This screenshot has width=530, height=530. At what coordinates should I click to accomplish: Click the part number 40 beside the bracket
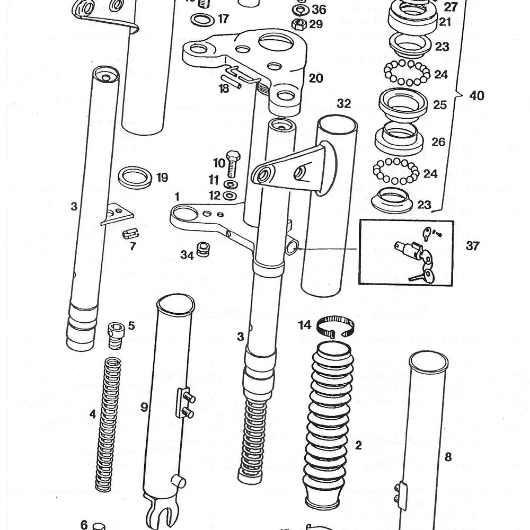(476, 96)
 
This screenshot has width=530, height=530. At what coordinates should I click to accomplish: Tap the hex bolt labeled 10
(232, 165)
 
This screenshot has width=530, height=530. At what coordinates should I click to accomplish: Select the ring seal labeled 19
(135, 177)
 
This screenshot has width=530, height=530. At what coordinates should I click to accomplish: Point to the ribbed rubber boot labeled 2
(328, 424)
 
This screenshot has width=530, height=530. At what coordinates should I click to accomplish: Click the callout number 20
(316, 78)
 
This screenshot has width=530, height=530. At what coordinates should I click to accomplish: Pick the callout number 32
(344, 104)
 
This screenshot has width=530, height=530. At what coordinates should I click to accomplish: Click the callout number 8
(448, 456)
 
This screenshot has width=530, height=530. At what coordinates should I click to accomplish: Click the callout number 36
(319, 10)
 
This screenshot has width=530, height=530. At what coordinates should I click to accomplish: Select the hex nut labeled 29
(298, 23)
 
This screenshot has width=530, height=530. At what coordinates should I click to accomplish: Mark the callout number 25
(440, 104)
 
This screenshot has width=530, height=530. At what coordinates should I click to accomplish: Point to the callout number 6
(84, 524)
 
